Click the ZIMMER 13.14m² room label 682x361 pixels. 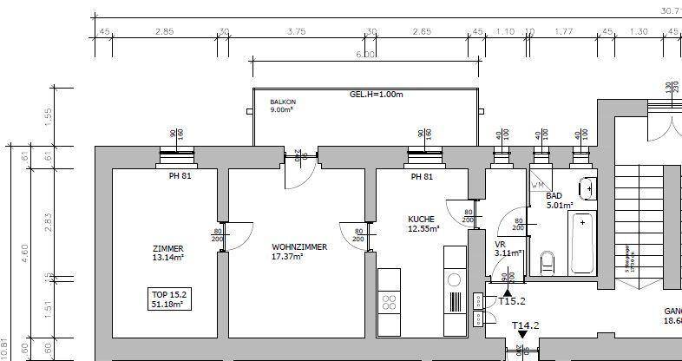click(168, 252)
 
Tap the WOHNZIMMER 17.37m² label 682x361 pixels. click(299, 252)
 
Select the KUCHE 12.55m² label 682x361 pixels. click(423, 224)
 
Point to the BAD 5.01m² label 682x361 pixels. click(559, 201)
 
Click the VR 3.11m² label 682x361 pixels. click(508, 249)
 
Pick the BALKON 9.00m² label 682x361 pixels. click(283, 106)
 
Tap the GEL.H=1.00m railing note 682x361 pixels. click(377, 94)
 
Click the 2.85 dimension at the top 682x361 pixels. click(164, 31)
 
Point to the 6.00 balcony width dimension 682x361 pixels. click(365, 55)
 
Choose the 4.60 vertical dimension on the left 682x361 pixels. click(25, 253)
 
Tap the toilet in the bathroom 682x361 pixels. click(548, 260)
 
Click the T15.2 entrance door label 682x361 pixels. click(512, 301)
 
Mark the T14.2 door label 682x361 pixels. click(525, 326)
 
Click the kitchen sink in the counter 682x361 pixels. click(454, 279)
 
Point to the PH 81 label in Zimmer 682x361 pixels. click(180, 176)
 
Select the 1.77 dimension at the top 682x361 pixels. click(564, 31)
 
